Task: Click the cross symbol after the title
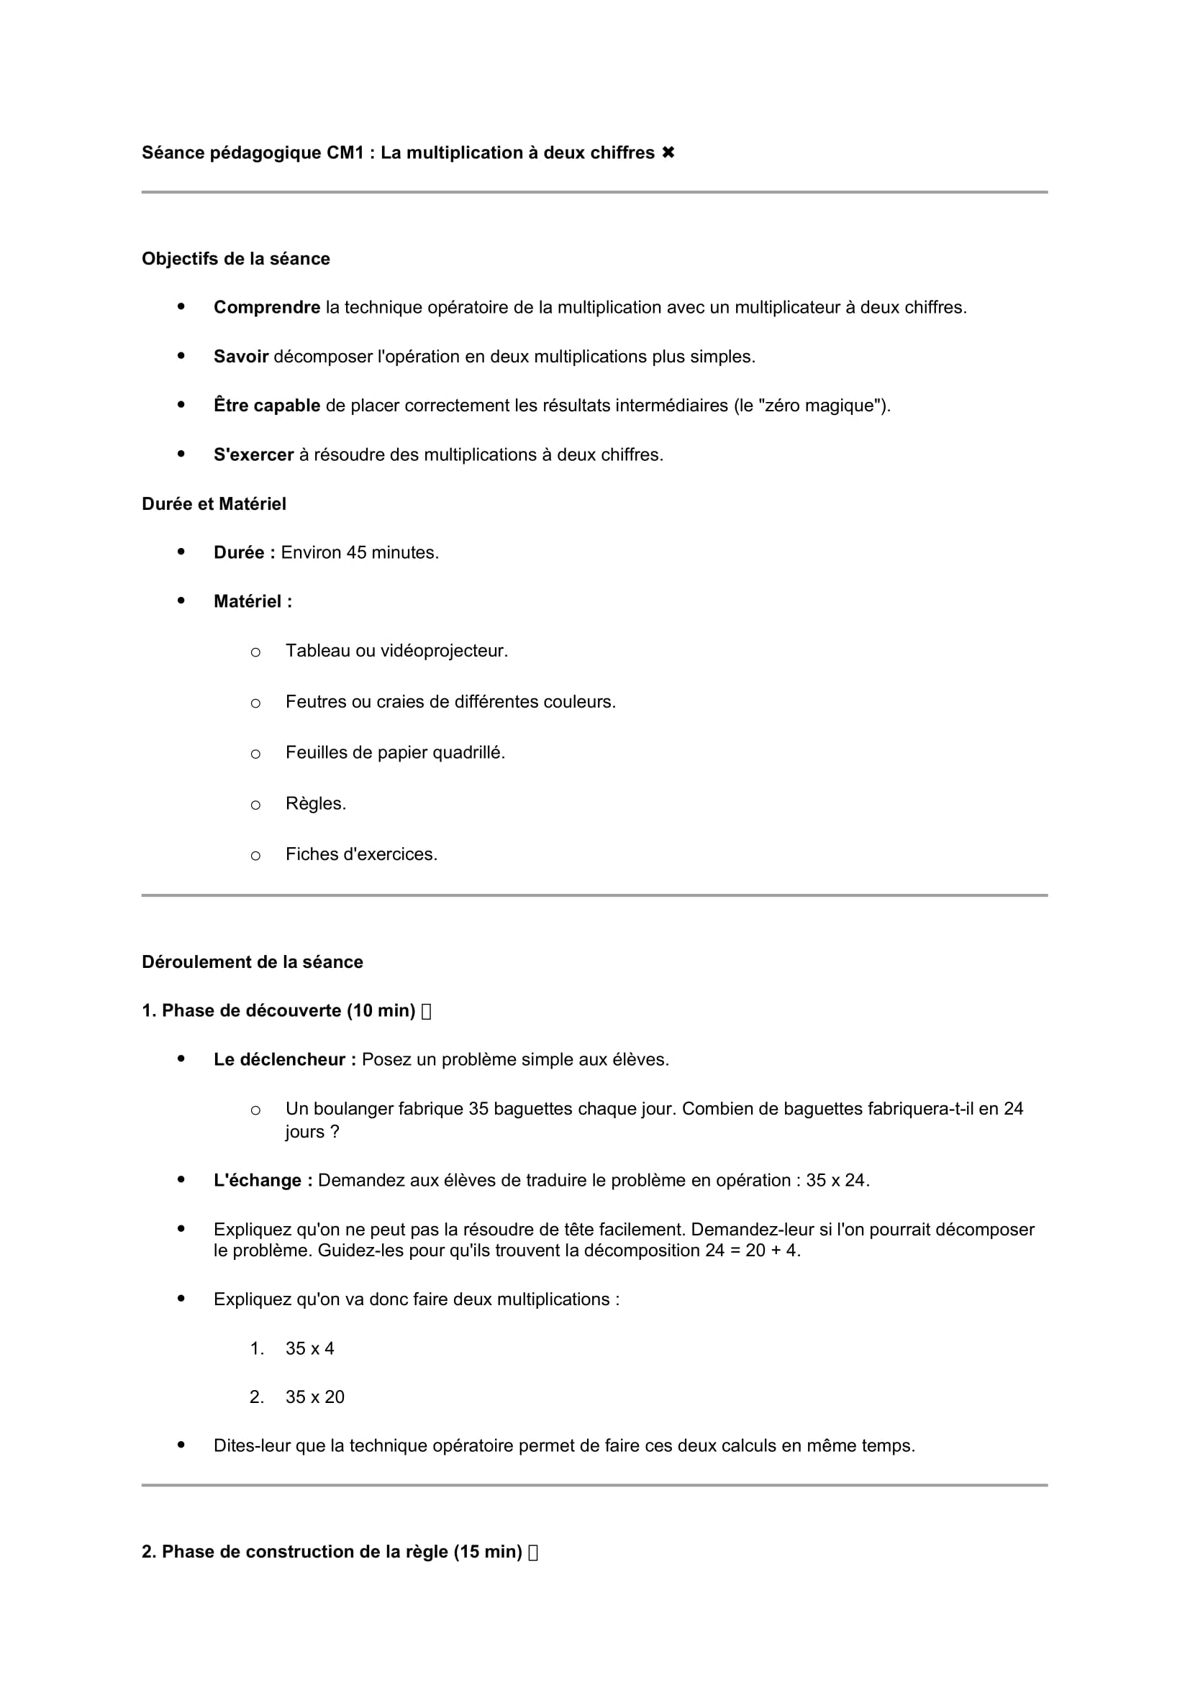tap(668, 152)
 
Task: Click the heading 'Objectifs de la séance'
tap(235, 259)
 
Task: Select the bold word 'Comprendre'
tap(267, 308)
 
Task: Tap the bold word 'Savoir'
tap(241, 357)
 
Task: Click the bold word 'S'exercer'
tap(253, 455)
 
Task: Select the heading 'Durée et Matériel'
tap(214, 504)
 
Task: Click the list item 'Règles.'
tap(316, 804)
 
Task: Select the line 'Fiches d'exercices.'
tap(361, 854)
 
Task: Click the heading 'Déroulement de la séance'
tap(252, 962)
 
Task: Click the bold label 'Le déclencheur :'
tap(284, 1060)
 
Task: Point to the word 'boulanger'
tap(355, 1109)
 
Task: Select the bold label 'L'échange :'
tap(263, 1181)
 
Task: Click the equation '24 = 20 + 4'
tap(752, 1251)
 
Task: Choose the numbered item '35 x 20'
tap(315, 1397)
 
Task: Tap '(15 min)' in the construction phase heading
tap(487, 1552)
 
